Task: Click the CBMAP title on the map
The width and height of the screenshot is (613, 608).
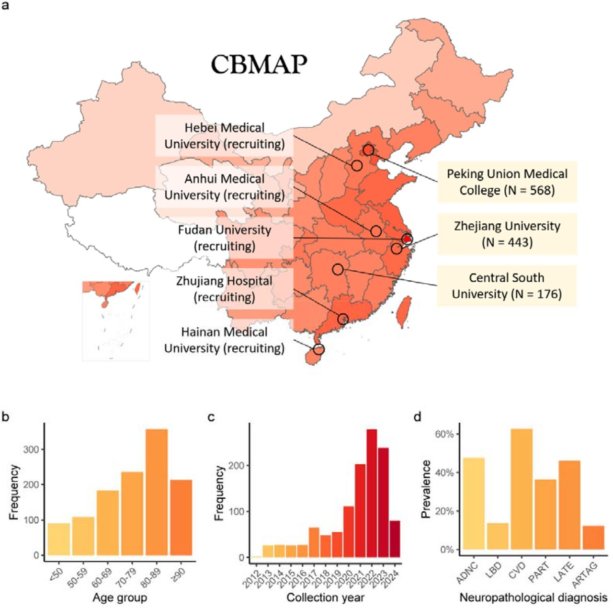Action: point(259,64)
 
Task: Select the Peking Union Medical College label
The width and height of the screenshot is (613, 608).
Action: point(507,182)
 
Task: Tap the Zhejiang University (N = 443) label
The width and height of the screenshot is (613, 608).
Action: point(507,234)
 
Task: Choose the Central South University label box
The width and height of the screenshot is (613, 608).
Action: point(507,286)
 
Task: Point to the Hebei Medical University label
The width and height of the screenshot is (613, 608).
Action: point(224,136)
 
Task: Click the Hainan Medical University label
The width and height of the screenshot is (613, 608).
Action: point(224,340)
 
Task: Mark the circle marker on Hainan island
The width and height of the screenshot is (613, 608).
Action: point(318,349)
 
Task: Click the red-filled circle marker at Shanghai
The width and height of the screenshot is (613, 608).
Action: point(407,239)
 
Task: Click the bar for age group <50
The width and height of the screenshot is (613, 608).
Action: point(59,539)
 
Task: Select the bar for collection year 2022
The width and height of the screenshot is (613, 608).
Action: point(371,493)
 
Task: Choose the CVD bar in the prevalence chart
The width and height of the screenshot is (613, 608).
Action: point(522,489)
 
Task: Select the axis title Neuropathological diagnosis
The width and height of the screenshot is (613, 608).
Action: point(533,597)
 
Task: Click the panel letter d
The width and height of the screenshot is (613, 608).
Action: point(418,417)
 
